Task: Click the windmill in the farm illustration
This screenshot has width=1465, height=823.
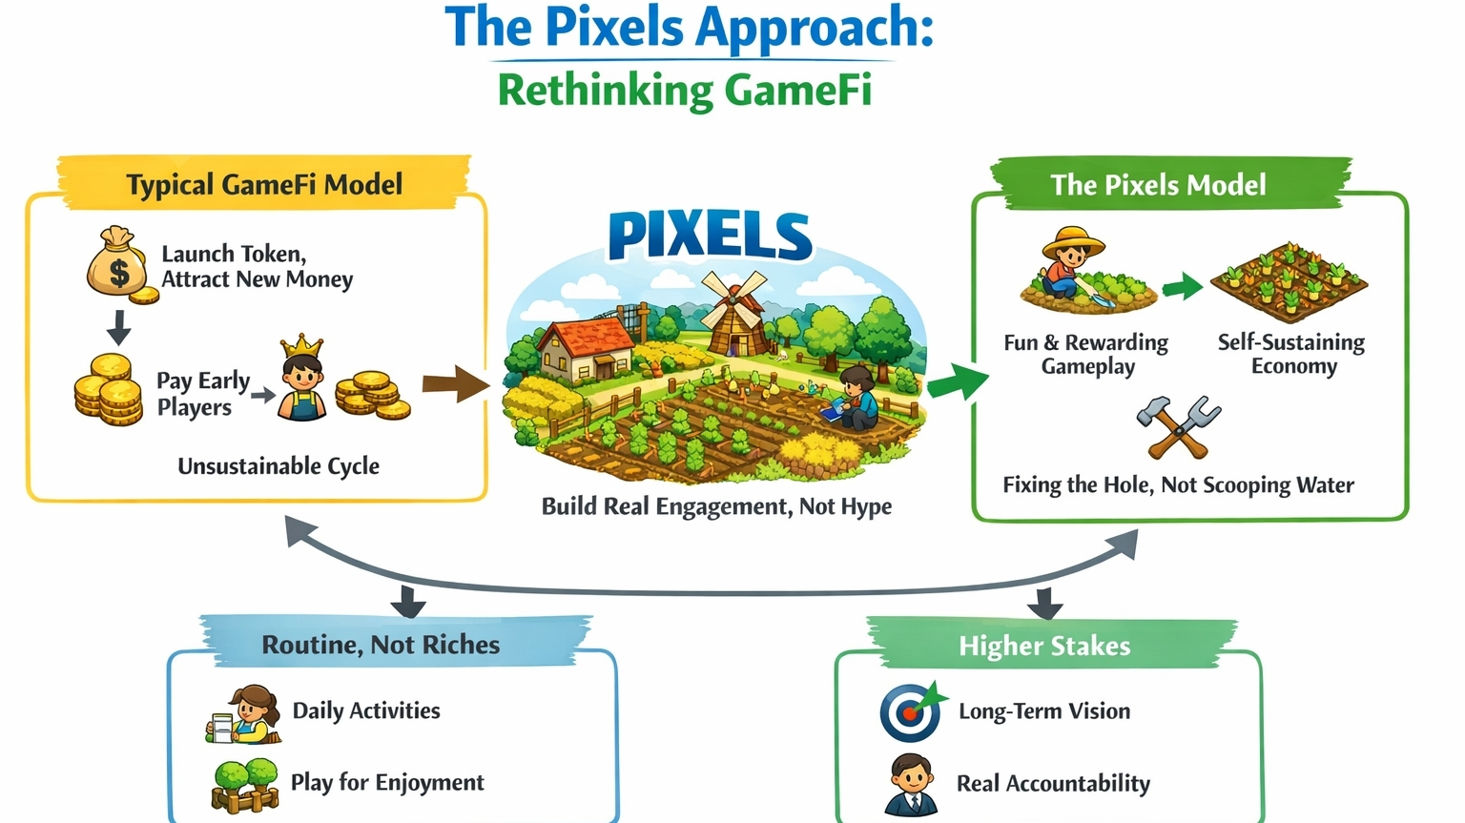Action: pyautogui.click(x=733, y=310)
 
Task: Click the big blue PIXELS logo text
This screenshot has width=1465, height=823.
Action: pyautogui.click(x=710, y=237)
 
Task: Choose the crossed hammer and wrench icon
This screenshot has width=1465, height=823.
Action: pyautogui.click(x=1178, y=426)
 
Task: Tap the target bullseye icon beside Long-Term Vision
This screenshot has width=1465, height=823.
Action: pyautogui.click(x=910, y=712)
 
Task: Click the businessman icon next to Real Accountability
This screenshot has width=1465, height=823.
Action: pyautogui.click(x=911, y=784)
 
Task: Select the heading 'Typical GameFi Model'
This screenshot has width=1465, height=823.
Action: pyautogui.click(x=264, y=184)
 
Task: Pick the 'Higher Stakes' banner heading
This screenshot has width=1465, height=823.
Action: pyautogui.click(x=1044, y=647)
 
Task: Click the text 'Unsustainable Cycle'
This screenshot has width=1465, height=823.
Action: pyautogui.click(x=279, y=466)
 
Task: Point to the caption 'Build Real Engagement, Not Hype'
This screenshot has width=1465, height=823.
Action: pyautogui.click(x=716, y=506)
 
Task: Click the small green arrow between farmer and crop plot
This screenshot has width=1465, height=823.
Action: pyautogui.click(x=1183, y=285)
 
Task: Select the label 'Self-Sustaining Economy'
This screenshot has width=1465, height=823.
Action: pyautogui.click(x=1291, y=354)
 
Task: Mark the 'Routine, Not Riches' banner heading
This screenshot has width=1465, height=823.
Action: pyautogui.click(x=381, y=645)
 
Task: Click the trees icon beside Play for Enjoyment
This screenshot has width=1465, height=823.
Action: pyautogui.click(x=244, y=784)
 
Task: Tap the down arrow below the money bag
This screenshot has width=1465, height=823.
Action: pyautogui.click(x=119, y=327)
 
